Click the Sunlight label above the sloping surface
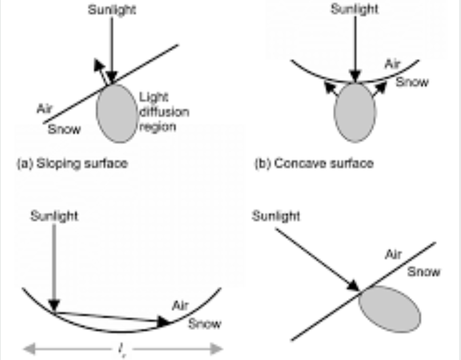pos(112,10)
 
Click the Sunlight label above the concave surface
pos(355,9)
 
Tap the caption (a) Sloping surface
pos(72,164)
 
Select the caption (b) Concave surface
pos(314,164)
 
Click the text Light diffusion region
pos(164,112)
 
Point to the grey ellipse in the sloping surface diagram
pos(117,113)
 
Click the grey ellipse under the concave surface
pos(355,113)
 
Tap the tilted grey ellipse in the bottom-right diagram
pos(390,309)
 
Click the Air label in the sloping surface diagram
pos(44,109)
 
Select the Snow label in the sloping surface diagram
pos(64,129)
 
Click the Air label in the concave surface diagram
pos(393,64)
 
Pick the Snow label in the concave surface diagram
pos(412,82)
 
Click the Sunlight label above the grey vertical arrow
pos(54,216)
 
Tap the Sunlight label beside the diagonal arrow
pos(277,216)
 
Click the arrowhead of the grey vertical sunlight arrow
pos(54,305)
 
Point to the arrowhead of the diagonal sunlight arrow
pos(353,286)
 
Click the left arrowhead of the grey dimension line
pos(29,349)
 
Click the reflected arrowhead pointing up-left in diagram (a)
pos(99,65)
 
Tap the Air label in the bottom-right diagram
pos(393,255)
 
